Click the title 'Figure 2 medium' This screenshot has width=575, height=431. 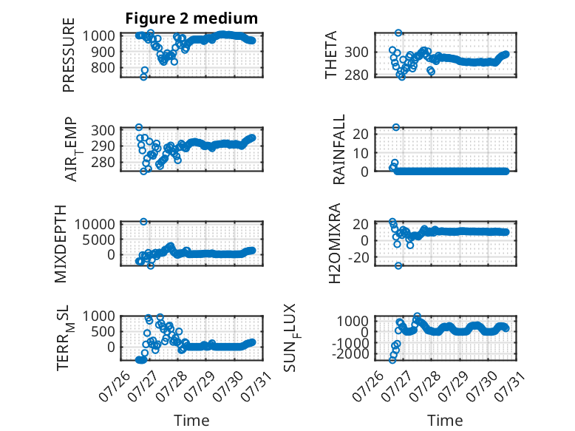(x=191, y=18)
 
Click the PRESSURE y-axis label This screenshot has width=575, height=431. (x=69, y=55)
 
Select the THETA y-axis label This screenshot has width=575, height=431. (x=331, y=55)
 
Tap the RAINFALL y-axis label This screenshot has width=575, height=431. (x=338, y=149)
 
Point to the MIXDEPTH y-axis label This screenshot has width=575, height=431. (x=61, y=244)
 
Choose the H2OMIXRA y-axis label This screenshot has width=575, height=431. (x=335, y=243)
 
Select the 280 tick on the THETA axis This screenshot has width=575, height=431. (x=356, y=75)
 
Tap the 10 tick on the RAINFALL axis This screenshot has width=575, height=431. (x=361, y=152)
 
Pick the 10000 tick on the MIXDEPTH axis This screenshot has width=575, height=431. (x=95, y=224)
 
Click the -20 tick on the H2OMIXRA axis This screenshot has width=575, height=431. (x=358, y=257)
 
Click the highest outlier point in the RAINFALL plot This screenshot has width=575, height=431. (x=396, y=127)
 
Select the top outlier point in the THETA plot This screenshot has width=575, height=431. (x=398, y=33)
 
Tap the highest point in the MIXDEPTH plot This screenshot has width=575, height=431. (x=143, y=222)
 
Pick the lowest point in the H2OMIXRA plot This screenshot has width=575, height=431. (x=398, y=265)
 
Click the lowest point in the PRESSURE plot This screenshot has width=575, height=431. (x=143, y=77)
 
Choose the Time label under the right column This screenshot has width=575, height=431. (x=445, y=420)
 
